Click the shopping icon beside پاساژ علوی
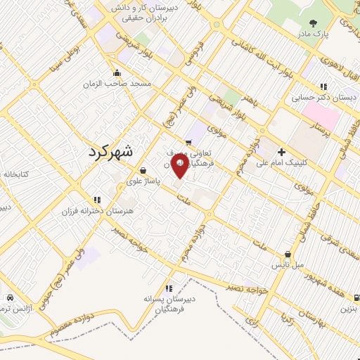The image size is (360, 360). tap(143, 169)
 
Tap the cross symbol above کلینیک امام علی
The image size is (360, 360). tap(282, 151)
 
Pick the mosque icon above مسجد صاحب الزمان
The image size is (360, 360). tap(117, 72)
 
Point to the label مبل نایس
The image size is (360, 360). tap(288, 265)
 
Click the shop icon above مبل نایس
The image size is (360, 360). tap(288, 255)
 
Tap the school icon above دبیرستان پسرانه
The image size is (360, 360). tap(169, 288)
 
